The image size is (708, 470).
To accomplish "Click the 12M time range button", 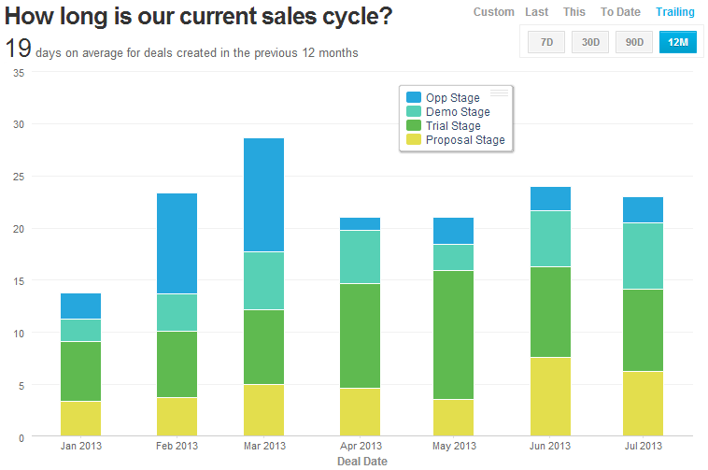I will coord(677,42).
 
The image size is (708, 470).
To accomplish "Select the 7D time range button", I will coord(546,42).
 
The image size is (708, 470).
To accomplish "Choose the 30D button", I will coord(590,42).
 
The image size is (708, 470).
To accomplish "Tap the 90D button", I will coord(634,42).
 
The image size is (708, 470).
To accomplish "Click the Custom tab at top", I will coord(493,12).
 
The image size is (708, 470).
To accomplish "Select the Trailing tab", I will coord(674,12).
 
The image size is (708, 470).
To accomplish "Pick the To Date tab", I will coord(620,12).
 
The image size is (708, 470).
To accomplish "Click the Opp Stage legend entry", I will coord(452,98).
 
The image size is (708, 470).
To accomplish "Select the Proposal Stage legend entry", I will coord(464,140).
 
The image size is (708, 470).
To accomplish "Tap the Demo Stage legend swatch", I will coord(414,112).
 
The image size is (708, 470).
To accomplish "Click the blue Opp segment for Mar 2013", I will coord(263,195).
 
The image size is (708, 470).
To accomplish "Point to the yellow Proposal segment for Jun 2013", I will coord(550,396).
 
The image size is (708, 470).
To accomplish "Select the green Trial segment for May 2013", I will coord(454,335).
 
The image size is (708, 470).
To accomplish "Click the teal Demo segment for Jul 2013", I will coord(643,256).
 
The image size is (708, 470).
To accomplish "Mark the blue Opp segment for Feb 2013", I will coord(177,244).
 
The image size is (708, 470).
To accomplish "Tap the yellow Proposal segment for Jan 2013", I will coord(80,418).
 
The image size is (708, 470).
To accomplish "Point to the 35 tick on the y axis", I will coord(18,72).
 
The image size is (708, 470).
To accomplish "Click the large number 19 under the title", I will coord(18,49).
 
